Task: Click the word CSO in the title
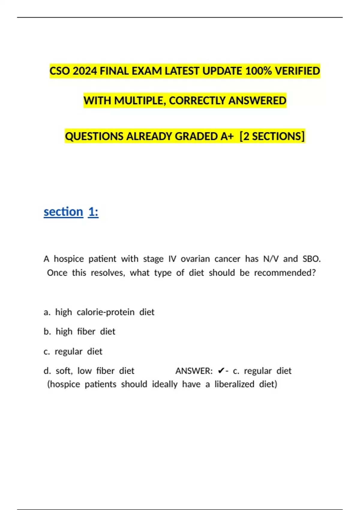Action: [60, 71]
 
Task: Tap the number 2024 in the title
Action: [85, 71]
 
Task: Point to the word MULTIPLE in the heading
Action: [139, 100]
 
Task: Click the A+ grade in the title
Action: [227, 136]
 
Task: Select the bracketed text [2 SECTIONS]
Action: [272, 136]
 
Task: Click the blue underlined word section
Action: [63, 212]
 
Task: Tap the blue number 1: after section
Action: [93, 212]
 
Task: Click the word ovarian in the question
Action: [195, 259]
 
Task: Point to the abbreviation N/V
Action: [271, 259]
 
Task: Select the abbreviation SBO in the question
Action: [311, 259]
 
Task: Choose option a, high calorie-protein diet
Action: [99, 312]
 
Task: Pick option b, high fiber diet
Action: [79, 331]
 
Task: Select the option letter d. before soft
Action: [47, 371]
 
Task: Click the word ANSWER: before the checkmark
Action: [194, 371]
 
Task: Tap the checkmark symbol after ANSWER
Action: [221, 371]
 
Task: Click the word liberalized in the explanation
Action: [234, 384]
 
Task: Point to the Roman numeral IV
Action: [172, 259]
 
